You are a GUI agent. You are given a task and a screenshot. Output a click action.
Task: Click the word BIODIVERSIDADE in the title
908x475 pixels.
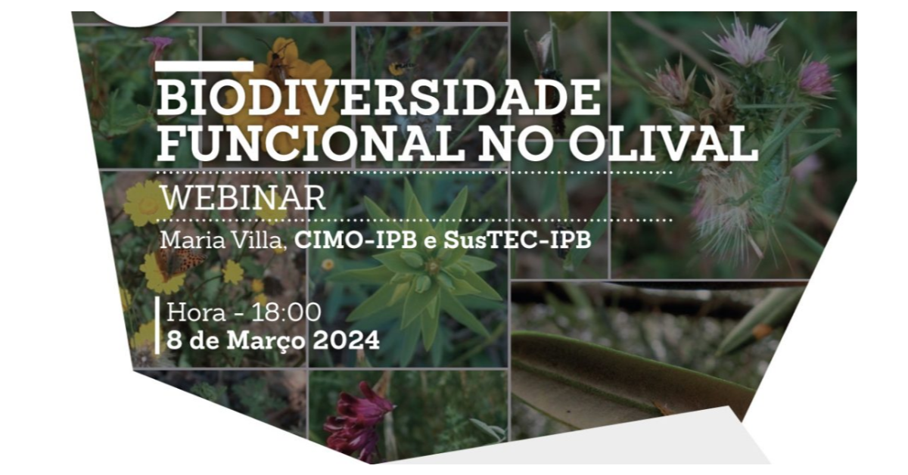[378, 98]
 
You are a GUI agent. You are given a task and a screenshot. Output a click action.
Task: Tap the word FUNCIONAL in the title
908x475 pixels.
[311, 143]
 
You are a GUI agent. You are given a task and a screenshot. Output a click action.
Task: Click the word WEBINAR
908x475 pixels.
[243, 197]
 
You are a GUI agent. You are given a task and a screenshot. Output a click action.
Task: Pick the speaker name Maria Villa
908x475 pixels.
[224, 240]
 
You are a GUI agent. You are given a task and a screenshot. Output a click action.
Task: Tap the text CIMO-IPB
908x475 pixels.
[356, 240]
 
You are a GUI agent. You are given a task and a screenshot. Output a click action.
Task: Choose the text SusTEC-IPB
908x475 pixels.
[518, 240]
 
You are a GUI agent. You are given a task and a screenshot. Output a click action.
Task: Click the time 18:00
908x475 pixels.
[286, 312]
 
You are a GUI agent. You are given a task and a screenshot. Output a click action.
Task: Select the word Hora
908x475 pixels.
[196, 312]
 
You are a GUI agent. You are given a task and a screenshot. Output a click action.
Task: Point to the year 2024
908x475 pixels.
[347, 340]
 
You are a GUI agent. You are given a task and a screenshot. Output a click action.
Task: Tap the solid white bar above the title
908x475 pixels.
[205, 66]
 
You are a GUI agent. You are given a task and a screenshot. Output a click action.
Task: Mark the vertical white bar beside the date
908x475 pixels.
[157, 325]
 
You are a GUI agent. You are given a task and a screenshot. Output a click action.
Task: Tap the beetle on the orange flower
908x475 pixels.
[278, 61]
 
